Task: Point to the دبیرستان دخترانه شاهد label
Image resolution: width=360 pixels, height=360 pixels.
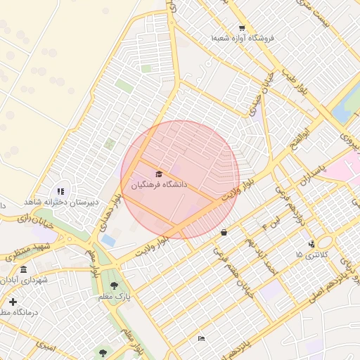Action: point(59,202)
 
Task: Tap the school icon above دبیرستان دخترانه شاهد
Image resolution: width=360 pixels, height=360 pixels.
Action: point(60,191)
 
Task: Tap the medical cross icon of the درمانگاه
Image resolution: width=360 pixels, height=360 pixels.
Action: point(13,302)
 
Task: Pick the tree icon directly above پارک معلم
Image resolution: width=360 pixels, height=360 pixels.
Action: point(114,285)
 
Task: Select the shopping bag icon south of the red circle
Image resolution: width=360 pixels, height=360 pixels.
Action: point(224,232)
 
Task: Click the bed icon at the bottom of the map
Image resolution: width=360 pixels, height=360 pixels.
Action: point(202,339)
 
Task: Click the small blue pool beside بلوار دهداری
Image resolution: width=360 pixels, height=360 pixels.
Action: point(108,240)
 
